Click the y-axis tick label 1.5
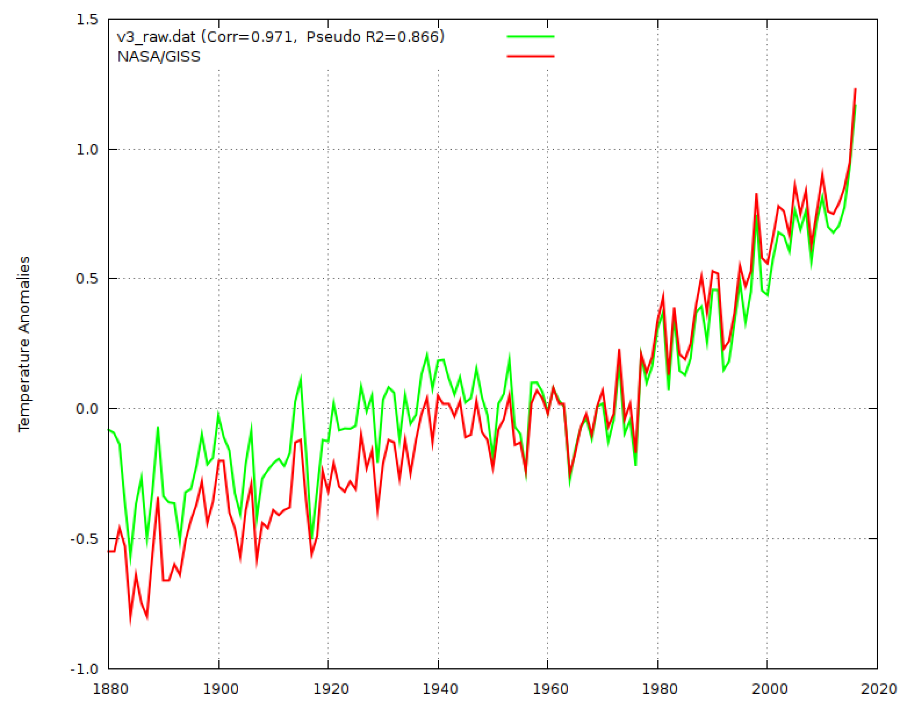[88, 19]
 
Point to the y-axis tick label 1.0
[88, 149]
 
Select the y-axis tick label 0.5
[88, 279]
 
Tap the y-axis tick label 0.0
[88, 409]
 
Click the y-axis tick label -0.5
[85, 539]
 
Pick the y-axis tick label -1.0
[85, 669]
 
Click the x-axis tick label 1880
[109, 689]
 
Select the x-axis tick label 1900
[218, 689]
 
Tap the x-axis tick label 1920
[328, 689]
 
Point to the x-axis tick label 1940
[438, 689]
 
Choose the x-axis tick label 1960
[548, 689]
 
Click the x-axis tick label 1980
[657, 689]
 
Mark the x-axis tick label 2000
[767, 689]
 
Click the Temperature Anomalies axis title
[24, 344]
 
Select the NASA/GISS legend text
[159, 56]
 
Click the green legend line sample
[531, 36]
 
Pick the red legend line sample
[531, 56]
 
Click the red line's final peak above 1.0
[855, 89]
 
